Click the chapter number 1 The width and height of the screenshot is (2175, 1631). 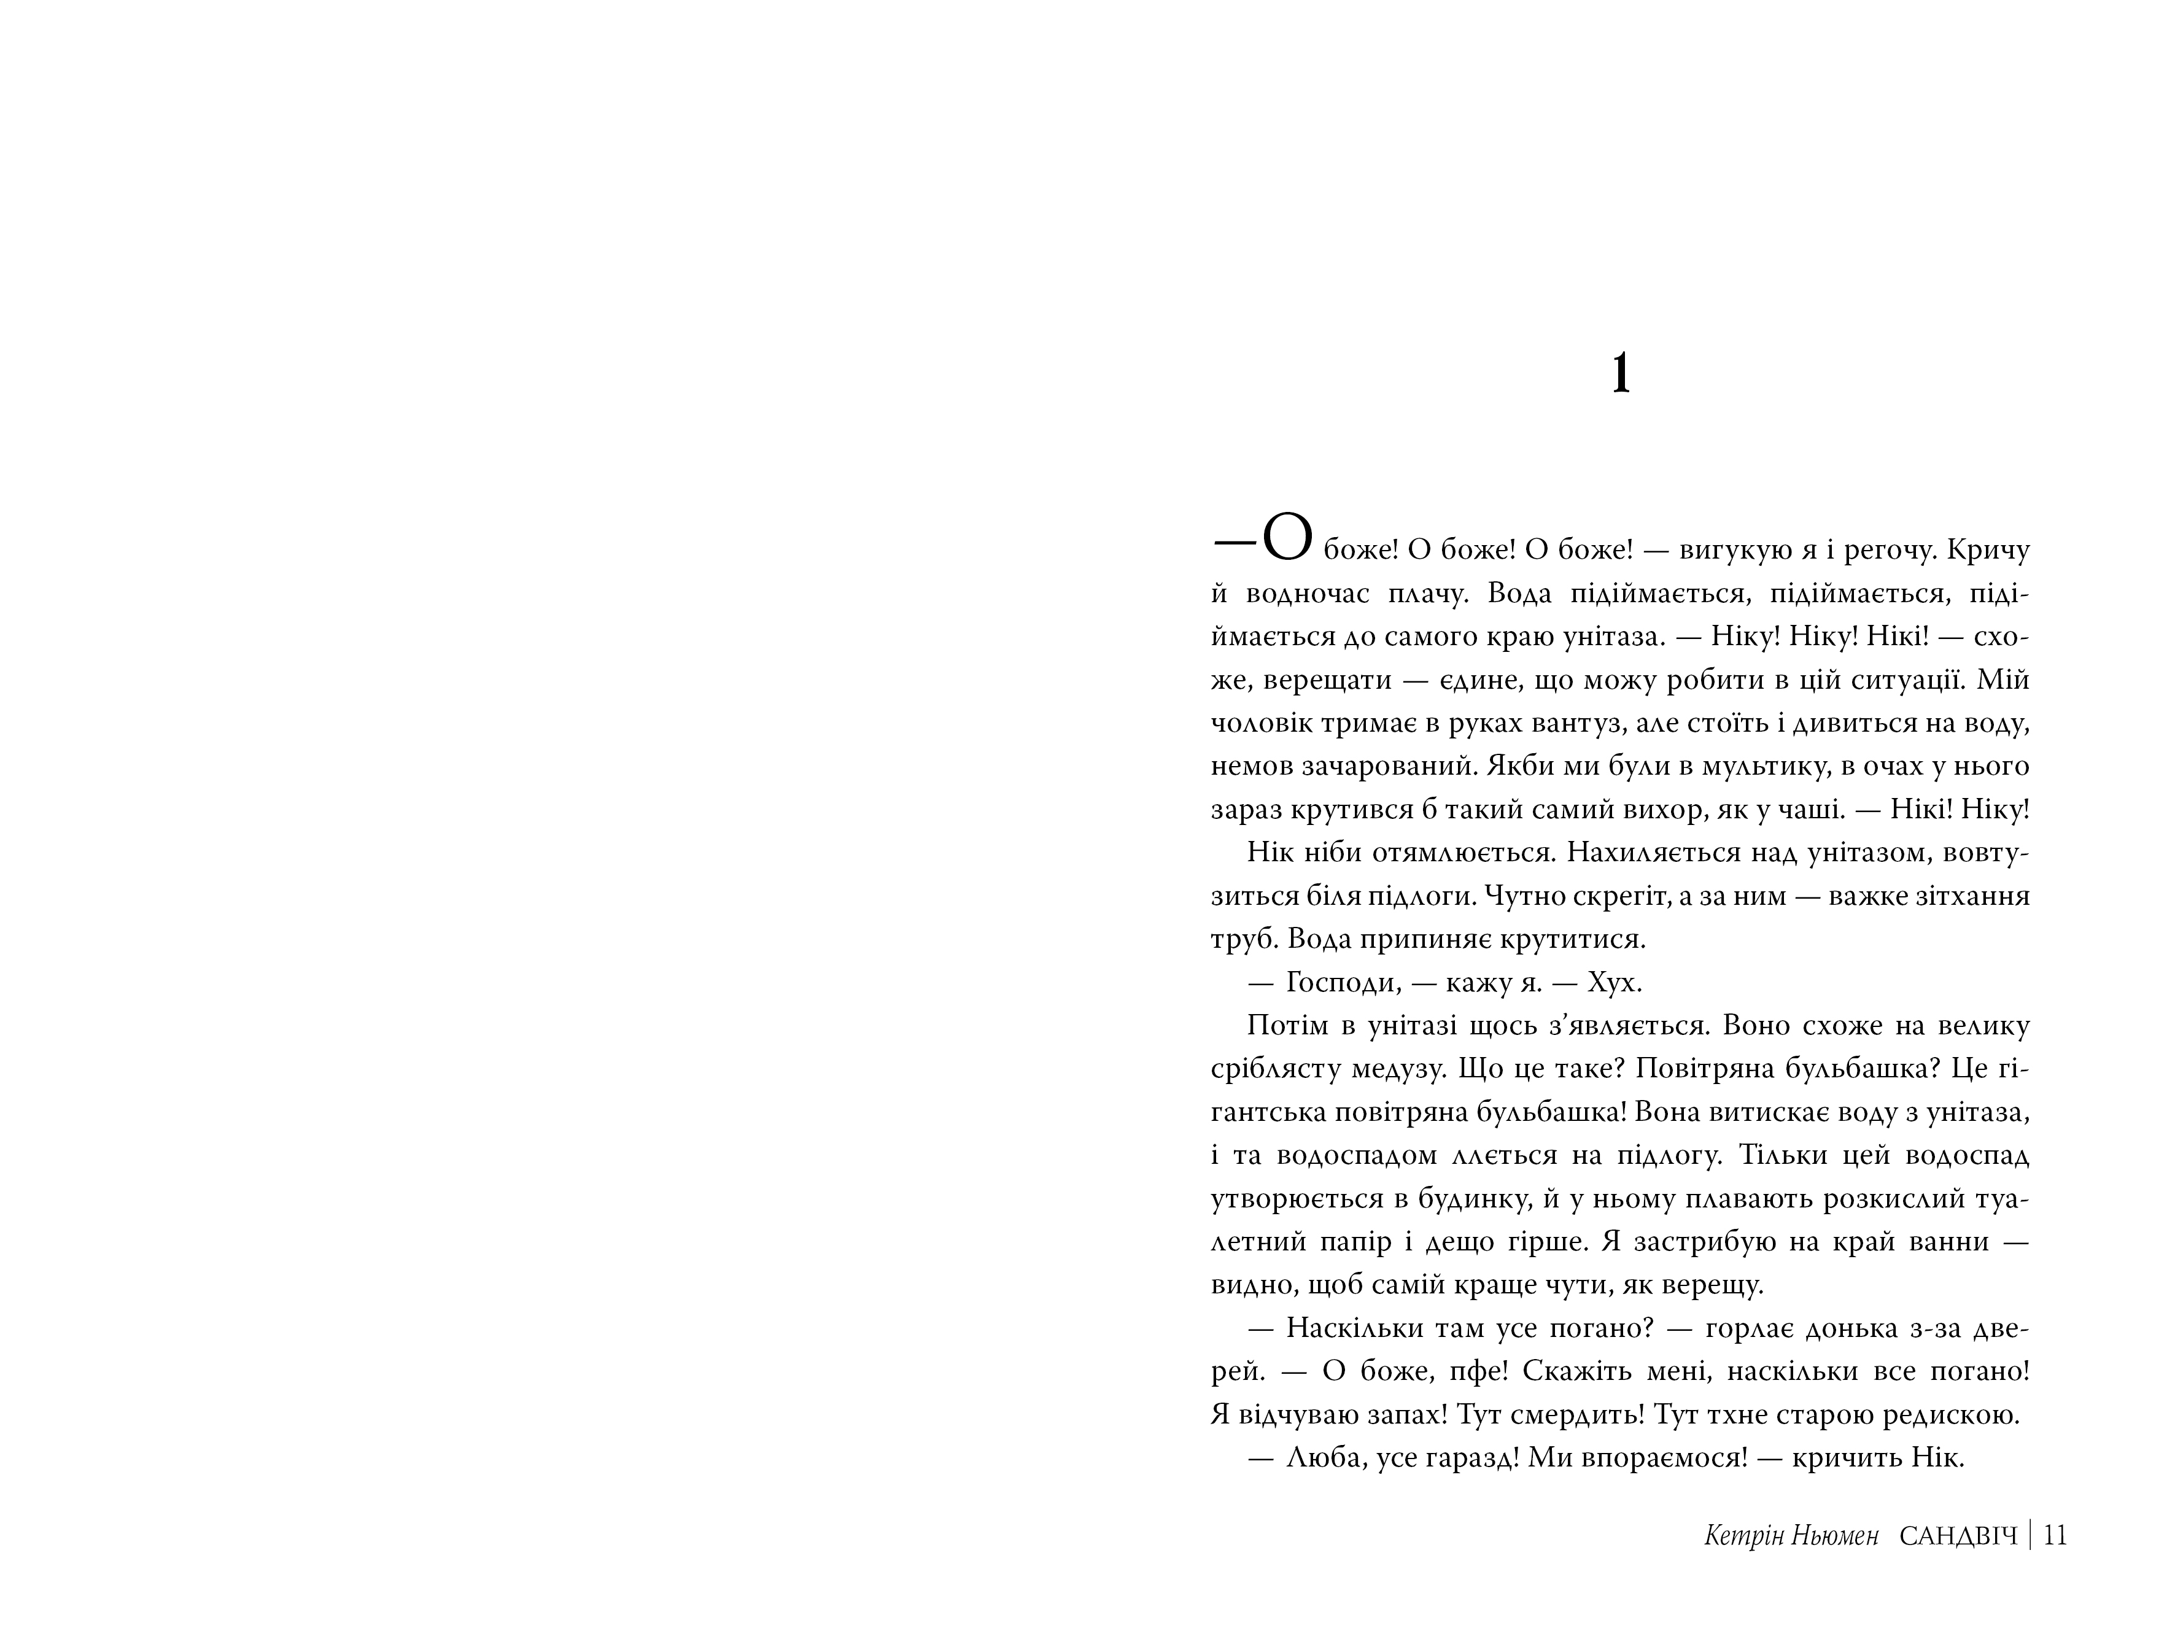(1621, 374)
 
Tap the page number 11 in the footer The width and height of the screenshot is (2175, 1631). (2055, 1536)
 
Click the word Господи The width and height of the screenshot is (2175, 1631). (1341, 983)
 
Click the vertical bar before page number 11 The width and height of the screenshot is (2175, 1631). (2031, 1536)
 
